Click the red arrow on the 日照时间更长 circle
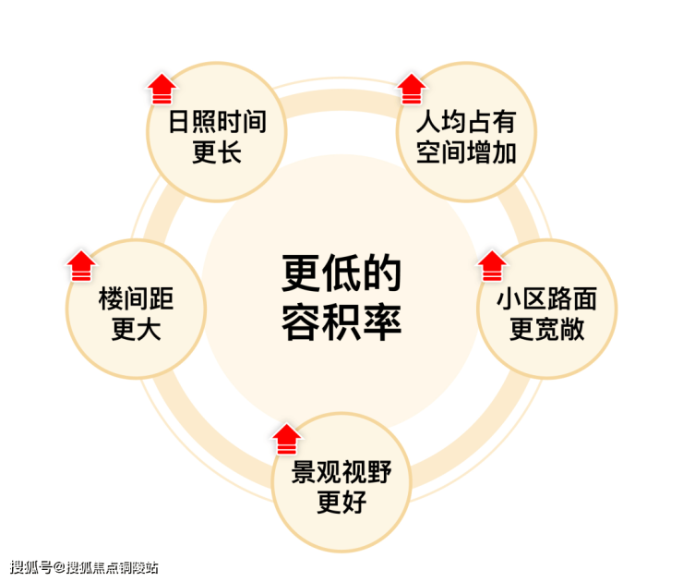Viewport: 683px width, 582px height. (162, 89)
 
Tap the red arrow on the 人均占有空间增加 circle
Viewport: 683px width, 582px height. (412, 89)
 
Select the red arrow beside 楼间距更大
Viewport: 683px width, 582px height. (81, 266)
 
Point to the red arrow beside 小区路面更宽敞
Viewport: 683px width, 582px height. (492, 266)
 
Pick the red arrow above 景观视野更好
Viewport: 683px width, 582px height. (287, 439)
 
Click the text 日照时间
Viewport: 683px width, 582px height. (217, 122)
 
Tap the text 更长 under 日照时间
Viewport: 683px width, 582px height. (217, 152)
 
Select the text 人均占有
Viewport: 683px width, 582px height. (466, 122)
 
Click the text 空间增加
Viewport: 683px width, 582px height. (466, 152)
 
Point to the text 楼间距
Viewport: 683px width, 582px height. (137, 298)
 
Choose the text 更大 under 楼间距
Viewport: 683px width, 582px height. (137, 329)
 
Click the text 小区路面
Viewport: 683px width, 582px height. (547, 298)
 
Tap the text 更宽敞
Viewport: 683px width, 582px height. (547, 329)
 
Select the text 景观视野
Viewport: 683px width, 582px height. (341, 472)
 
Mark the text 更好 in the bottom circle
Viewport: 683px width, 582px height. (341, 503)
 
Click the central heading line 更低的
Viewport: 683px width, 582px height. (341, 273)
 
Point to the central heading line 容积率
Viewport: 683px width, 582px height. (341, 321)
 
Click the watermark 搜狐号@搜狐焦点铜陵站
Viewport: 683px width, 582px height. (84, 567)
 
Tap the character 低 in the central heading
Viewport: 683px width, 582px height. (341, 273)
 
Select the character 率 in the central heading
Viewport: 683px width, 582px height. (382, 321)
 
